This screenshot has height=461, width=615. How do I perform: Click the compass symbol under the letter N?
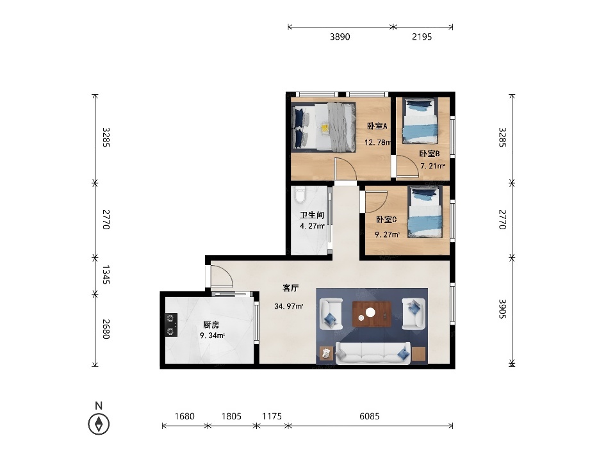99,424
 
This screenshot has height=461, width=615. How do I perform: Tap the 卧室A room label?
377,126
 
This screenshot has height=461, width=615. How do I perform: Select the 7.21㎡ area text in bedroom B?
432,166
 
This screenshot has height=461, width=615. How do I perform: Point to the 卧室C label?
386,220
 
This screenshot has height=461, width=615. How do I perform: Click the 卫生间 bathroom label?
312,215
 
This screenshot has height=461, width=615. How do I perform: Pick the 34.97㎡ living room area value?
289,306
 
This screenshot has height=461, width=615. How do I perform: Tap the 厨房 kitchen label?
211,325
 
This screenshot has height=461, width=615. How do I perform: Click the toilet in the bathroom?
300,195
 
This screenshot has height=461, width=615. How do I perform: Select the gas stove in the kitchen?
171,325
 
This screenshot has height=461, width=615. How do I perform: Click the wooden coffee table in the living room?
372,314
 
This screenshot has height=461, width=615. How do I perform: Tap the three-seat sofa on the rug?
373,353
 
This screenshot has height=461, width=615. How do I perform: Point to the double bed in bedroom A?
324,127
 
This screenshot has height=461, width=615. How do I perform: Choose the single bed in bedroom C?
425,212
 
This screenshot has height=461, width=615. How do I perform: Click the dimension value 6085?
370,416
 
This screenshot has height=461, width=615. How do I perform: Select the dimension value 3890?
340,37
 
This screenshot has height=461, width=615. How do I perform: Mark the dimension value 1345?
106,275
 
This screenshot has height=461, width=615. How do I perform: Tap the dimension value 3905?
503,309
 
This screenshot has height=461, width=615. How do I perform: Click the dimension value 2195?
422,37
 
